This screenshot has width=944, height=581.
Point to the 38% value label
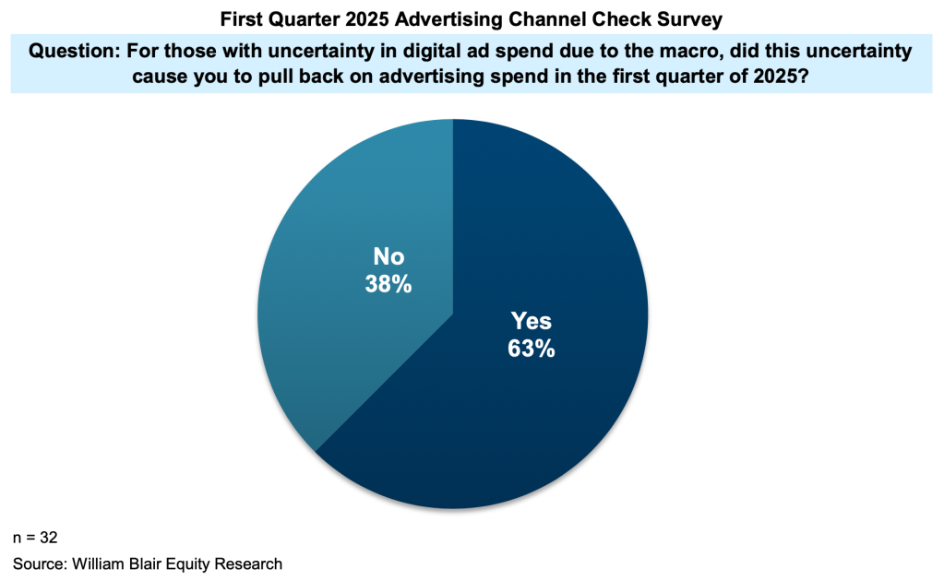[388, 284]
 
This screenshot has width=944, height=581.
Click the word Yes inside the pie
[532, 321]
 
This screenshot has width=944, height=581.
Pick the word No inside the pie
[388, 256]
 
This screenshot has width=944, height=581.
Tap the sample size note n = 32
[36, 537]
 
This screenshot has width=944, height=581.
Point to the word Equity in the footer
[193, 563]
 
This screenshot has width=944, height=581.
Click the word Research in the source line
[250, 563]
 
